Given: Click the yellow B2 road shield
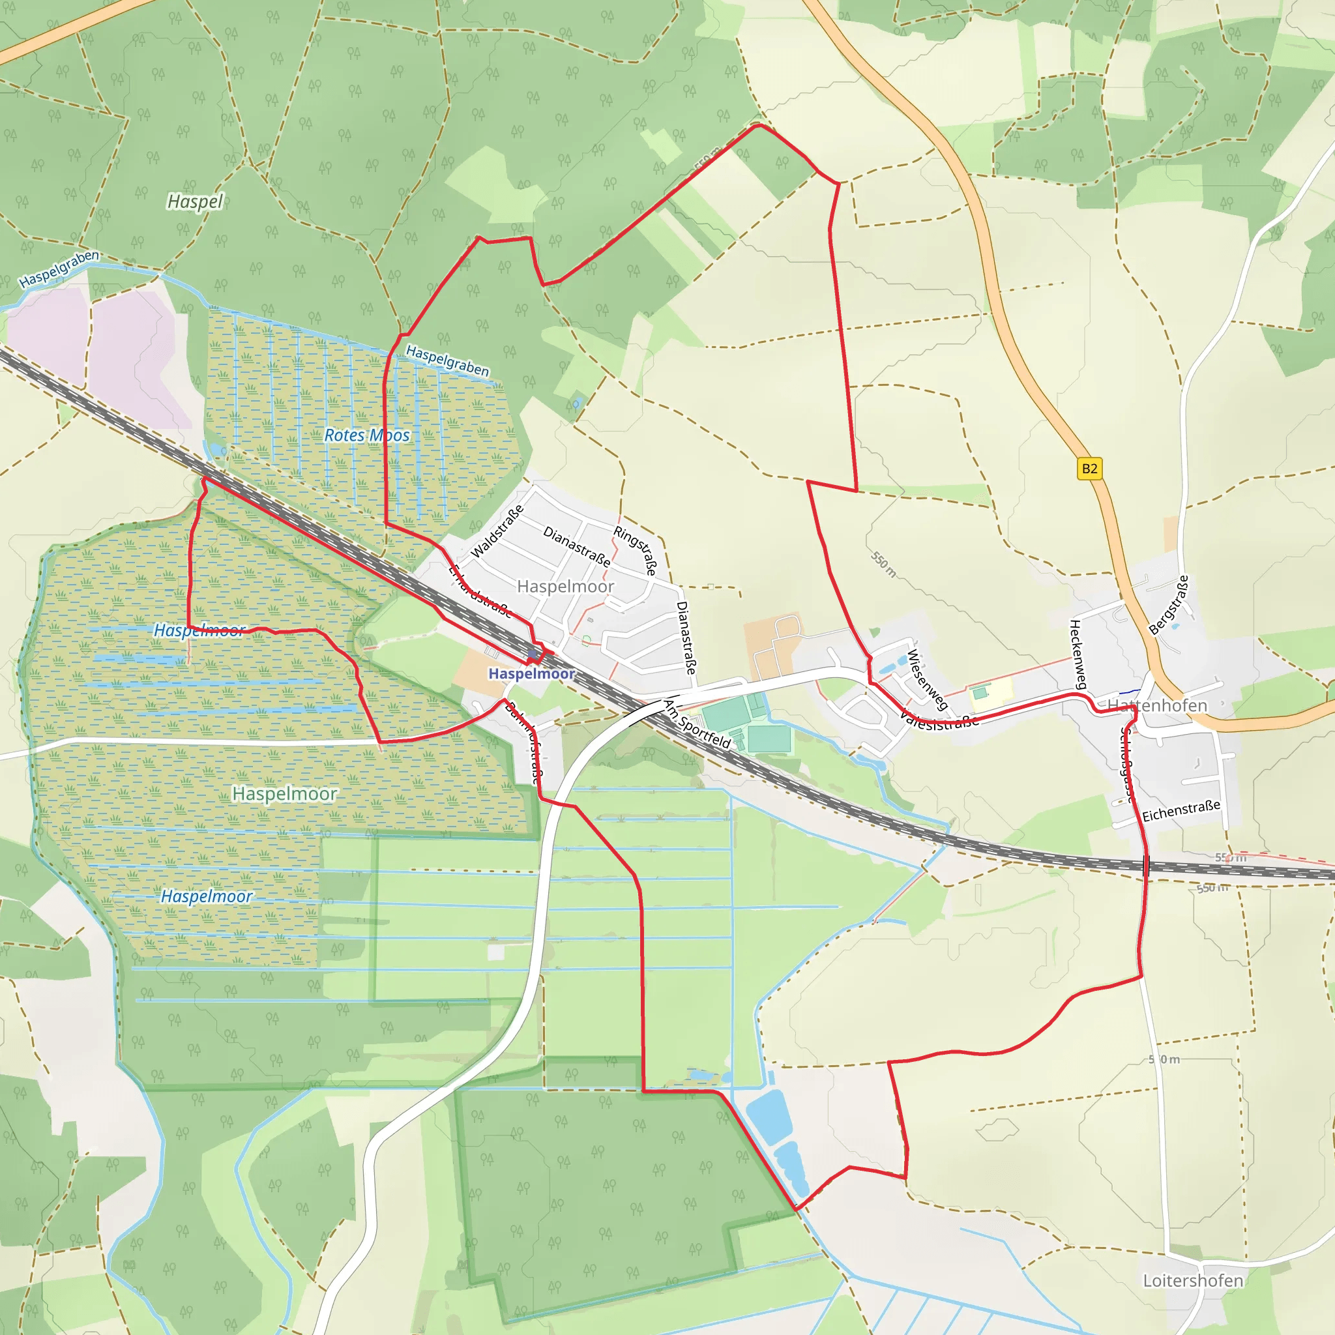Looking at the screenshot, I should click(x=1090, y=469).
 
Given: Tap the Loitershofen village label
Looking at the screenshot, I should click(x=1193, y=1280).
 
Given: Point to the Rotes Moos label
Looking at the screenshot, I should click(x=367, y=435).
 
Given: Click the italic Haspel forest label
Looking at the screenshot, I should click(x=196, y=202).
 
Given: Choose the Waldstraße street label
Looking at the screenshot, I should click(x=497, y=531).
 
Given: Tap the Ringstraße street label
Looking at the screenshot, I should click(x=635, y=551).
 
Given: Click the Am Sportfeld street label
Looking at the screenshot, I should click(x=697, y=724).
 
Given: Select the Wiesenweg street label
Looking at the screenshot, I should click(x=927, y=680).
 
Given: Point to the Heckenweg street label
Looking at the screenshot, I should click(x=1078, y=654).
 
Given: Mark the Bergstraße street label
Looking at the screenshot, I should click(x=1169, y=606).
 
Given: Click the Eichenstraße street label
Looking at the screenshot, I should click(x=1181, y=810).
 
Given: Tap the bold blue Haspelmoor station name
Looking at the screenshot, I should click(x=531, y=674).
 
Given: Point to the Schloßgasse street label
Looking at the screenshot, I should click(x=1126, y=765).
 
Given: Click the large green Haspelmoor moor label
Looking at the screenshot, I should click(x=285, y=794).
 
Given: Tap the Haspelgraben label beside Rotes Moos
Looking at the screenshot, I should click(x=447, y=360).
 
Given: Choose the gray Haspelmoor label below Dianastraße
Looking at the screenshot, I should click(x=565, y=587).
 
